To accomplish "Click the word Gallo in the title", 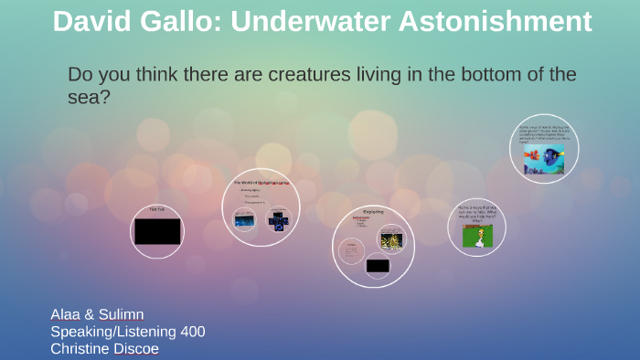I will [x=179, y=21].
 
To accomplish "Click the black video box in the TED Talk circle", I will [x=156, y=232].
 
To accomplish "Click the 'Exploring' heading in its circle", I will [x=373, y=213].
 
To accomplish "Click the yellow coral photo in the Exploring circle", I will [x=390, y=238].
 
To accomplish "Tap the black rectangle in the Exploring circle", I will [x=378, y=266].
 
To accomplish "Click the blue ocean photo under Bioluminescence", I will [x=245, y=219].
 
